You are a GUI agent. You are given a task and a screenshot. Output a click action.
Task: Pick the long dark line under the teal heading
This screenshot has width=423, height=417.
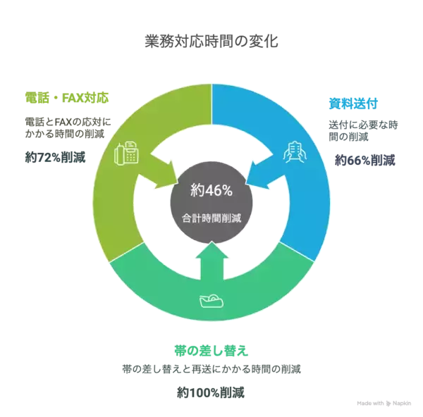click(x=211, y=368)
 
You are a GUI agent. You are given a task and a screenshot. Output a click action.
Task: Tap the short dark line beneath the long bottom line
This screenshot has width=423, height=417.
click(x=211, y=391)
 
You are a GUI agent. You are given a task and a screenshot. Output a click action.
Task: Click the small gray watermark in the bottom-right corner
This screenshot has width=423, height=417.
click(x=384, y=404)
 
